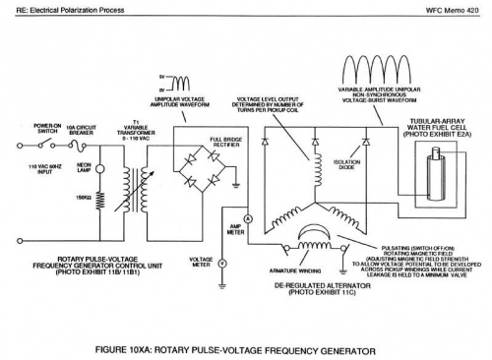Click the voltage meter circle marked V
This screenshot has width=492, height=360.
point(222,264)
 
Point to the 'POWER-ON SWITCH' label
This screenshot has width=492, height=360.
point(48,130)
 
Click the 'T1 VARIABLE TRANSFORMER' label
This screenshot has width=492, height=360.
point(135,129)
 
